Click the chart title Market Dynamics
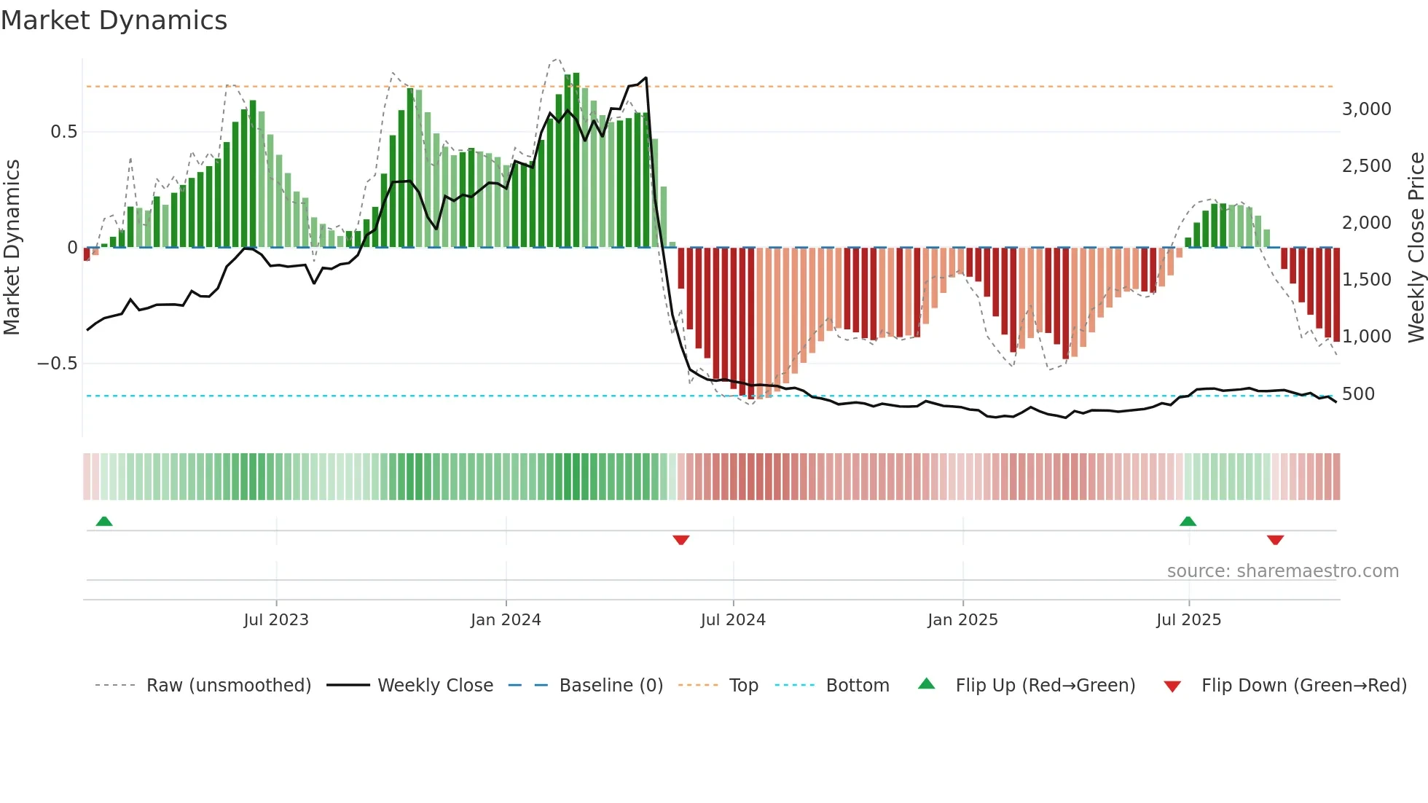point(114,20)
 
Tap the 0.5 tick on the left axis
point(63,132)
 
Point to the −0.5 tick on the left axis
point(58,364)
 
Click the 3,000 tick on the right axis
point(1366,109)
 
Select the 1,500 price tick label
point(1366,280)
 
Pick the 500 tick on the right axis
point(1358,394)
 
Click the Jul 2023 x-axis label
point(276,620)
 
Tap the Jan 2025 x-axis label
point(962,620)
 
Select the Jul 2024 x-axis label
point(733,620)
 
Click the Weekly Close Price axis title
point(1416,248)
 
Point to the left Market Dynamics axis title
point(12,248)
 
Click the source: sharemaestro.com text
point(1282,571)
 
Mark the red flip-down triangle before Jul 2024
point(681,540)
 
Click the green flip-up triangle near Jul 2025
point(1188,521)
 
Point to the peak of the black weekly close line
point(646,78)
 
